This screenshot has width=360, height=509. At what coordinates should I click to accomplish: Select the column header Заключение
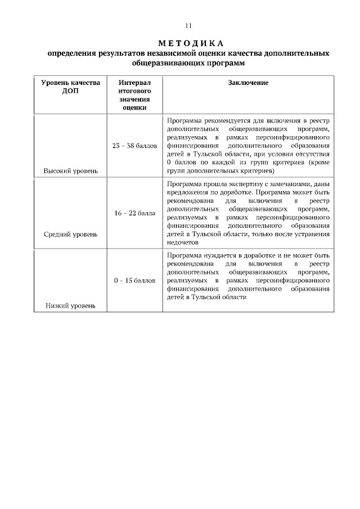[x=248, y=83]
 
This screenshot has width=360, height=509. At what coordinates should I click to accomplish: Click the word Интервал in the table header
[x=135, y=83]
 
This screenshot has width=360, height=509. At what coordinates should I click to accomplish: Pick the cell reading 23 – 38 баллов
[x=135, y=146]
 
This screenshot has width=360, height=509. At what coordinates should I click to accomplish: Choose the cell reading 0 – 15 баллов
[x=135, y=280]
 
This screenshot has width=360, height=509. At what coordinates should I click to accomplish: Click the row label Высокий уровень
[x=71, y=170]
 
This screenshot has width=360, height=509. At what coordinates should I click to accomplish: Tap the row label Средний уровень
[x=71, y=234]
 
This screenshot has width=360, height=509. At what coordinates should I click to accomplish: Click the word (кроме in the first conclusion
[x=318, y=161]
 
